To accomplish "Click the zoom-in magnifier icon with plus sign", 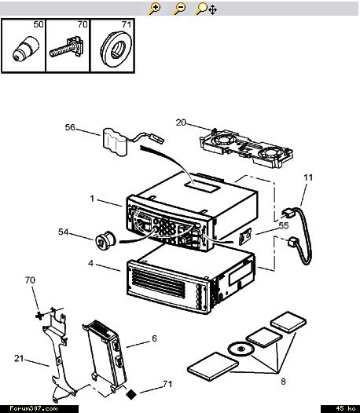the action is pos(154,9).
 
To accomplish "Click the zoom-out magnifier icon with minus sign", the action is pos(178,9).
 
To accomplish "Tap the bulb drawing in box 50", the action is pos(26,49).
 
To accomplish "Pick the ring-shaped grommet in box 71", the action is pos(116,49).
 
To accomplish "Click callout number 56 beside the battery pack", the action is pos(70,127).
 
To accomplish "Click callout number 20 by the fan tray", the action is pos(181,122).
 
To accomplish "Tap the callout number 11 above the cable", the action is pos(308,177).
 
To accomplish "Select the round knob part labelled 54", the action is pos(105,239).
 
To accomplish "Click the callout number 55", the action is pos(284,225).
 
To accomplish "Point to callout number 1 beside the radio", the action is pos(92,199).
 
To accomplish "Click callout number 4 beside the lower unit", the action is pos(90,263).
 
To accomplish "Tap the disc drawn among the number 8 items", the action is pos(241,349).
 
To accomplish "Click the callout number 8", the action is pos(283,382).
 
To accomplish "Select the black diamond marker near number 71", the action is pos(131,395).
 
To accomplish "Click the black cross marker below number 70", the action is pos(39,316).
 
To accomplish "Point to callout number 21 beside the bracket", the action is pos(19,359).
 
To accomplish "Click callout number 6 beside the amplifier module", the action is pos(154,338).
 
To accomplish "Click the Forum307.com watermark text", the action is pos(34,409).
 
